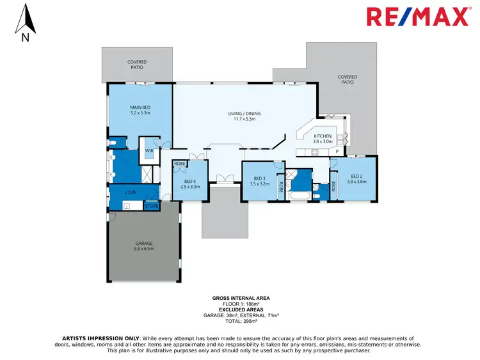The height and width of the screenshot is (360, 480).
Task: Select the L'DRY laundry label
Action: [x=131, y=192]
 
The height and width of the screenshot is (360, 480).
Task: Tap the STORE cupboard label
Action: [x=152, y=206]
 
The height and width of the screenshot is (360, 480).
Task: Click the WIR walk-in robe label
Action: [x=149, y=151]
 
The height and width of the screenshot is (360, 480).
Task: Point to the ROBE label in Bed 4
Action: [x=180, y=164]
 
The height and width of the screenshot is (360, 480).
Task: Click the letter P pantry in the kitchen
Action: [x=337, y=152]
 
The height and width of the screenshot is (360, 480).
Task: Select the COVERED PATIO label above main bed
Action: [x=137, y=64]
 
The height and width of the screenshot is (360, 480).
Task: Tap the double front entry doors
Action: [x=223, y=179]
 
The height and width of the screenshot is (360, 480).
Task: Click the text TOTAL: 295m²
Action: [x=240, y=321]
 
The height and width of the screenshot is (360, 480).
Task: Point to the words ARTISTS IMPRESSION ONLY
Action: [x=101, y=338]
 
